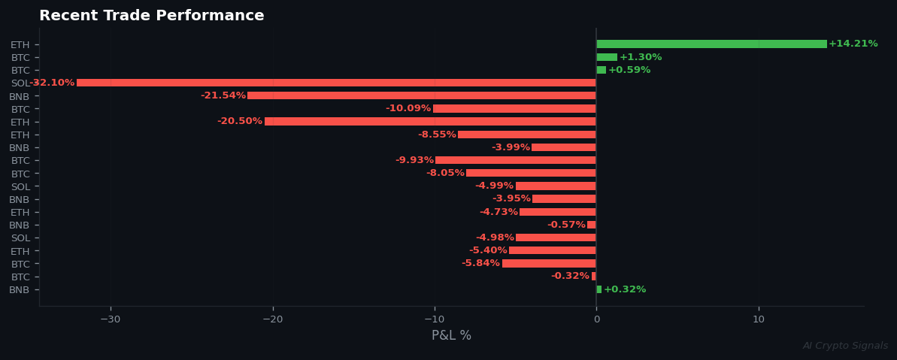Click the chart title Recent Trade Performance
click(x=151, y=16)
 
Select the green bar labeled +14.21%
click(x=711, y=44)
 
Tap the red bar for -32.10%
click(x=336, y=83)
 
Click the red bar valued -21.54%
click(x=422, y=95)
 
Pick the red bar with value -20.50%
click(x=430, y=122)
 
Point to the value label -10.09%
click(x=408, y=109)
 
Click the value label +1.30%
click(x=641, y=57)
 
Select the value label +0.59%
click(x=629, y=70)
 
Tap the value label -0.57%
click(x=566, y=225)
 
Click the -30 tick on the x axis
click(x=111, y=319)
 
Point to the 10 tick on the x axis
click(x=759, y=319)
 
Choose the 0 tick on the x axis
click(x=596, y=319)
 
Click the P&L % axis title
click(x=451, y=336)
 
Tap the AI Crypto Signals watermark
click(x=845, y=346)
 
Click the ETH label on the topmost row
click(x=20, y=45)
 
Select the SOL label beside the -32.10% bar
click(x=20, y=83)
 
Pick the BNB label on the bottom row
click(x=20, y=290)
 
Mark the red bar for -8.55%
click(x=527, y=135)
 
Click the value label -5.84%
click(x=480, y=263)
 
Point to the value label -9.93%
click(x=414, y=160)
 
